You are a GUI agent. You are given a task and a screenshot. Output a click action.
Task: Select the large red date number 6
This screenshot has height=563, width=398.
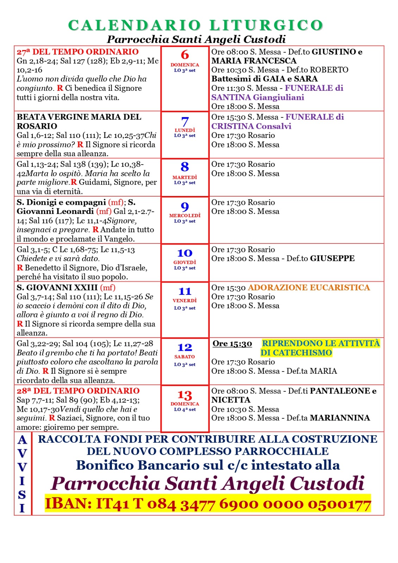185,55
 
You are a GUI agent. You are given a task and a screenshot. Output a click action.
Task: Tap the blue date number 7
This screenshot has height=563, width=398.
185,122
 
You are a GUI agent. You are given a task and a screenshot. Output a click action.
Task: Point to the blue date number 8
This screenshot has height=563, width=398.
185,167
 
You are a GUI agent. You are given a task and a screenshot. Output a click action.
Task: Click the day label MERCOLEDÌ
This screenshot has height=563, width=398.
185,215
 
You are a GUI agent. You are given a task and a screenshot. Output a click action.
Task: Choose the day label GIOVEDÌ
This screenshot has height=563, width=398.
185,262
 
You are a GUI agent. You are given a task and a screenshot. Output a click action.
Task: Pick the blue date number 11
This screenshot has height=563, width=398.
185,291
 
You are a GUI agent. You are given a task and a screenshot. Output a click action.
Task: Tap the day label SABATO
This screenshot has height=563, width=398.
185,356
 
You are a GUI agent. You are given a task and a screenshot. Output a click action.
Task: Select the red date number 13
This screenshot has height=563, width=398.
185,395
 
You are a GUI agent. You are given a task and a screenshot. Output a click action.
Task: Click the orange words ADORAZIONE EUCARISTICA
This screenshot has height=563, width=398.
309,287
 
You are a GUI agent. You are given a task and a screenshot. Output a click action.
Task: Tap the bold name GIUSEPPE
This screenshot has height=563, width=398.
332,259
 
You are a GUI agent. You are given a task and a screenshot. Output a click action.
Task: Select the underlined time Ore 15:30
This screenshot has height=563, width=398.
232,343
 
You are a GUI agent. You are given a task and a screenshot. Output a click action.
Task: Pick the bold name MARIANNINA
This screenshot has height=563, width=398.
340,418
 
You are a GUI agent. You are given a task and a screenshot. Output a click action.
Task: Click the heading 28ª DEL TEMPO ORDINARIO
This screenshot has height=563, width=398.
78,391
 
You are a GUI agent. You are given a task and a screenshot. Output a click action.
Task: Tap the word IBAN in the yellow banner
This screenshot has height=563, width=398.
68,504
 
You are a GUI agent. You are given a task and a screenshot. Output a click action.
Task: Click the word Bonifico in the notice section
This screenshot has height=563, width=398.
105,465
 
